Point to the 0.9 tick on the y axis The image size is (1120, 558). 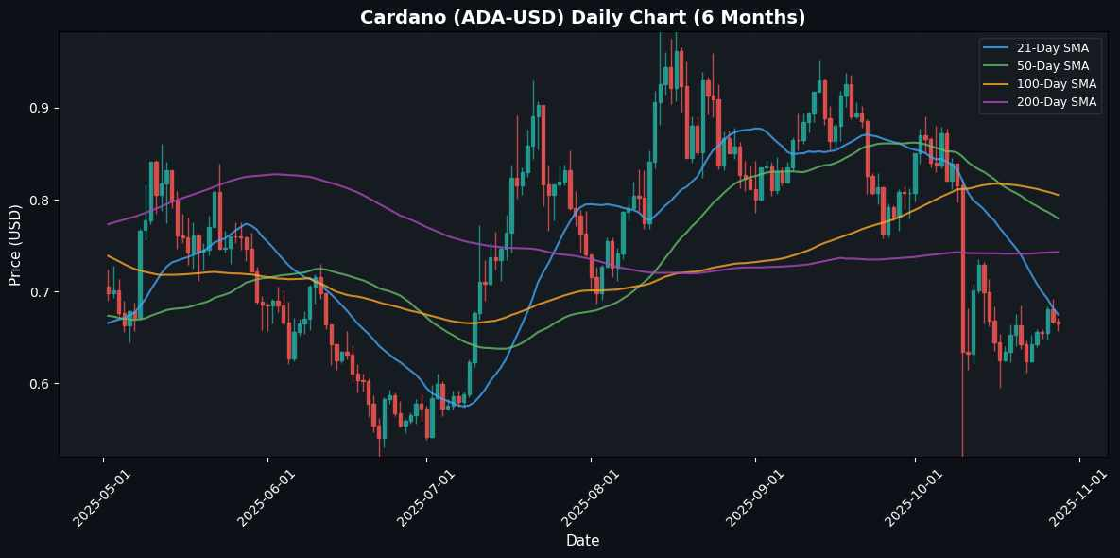click(38, 109)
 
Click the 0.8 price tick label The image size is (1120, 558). click(38, 201)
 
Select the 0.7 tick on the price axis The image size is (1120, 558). click(38, 292)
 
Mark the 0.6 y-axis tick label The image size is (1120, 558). click(38, 384)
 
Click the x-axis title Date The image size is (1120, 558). click(582, 540)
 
